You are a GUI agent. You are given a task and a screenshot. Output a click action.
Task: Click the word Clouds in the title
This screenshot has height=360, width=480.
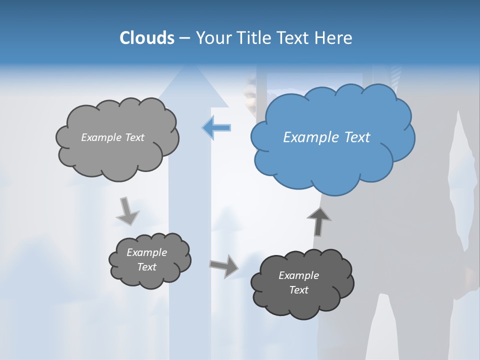coord(147,38)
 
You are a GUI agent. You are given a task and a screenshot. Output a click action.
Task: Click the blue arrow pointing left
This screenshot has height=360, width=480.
coord(216,128)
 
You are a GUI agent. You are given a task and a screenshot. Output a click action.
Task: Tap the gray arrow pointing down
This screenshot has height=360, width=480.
coord(127,211)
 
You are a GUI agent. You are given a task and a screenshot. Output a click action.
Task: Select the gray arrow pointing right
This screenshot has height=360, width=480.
coord(224,265)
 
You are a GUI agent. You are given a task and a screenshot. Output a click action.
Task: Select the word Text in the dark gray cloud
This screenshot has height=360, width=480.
coord(299,290)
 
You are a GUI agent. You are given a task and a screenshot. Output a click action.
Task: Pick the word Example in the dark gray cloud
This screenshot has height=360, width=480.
coord(299,275)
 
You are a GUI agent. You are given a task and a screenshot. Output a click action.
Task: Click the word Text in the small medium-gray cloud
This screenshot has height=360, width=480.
coord(147,267)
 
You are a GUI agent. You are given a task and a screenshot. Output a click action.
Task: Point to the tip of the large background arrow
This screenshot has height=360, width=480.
coord(188,66)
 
